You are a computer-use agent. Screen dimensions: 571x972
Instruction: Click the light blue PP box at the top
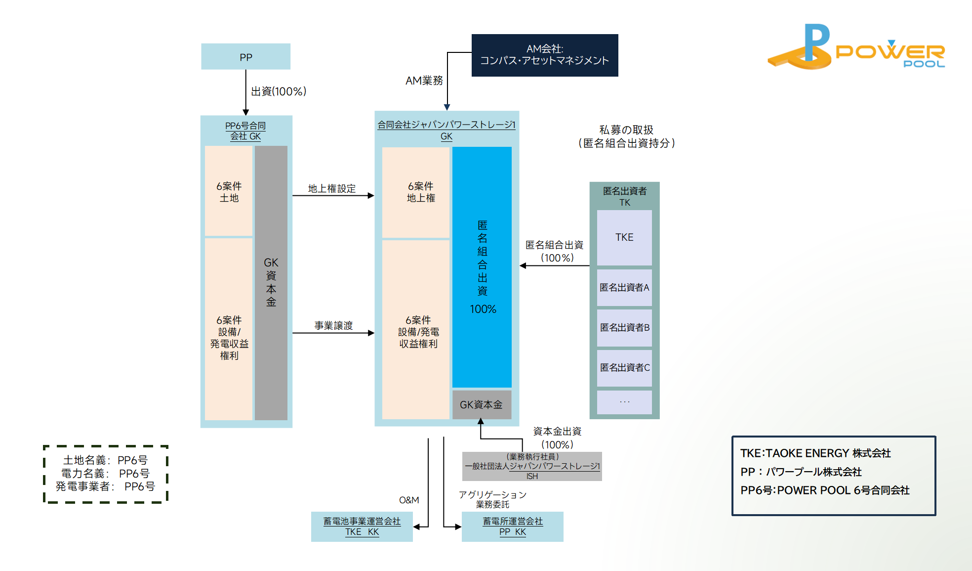[x=245, y=57]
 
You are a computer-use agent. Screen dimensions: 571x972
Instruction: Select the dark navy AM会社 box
[x=544, y=55]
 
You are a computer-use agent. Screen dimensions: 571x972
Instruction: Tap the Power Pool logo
[x=856, y=48]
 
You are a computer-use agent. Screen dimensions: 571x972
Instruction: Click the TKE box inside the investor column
[x=624, y=237]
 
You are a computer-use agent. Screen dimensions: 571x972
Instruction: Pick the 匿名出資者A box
[x=624, y=287]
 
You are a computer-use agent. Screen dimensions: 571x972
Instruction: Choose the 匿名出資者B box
[x=624, y=327]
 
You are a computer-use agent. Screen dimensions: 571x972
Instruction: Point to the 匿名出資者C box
[x=624, y=367]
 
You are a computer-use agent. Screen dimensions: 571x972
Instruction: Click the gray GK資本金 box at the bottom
[x=482, y=405]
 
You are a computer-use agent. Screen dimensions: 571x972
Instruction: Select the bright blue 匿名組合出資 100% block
[x=482, y=267]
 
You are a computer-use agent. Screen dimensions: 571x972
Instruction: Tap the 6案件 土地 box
[x=229, y=191]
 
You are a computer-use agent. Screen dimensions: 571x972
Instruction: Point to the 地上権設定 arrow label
[x=332, y=188]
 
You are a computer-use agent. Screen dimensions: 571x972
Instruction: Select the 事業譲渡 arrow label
[x=333, y=325]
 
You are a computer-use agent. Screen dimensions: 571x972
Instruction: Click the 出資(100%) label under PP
[x=279, y=91]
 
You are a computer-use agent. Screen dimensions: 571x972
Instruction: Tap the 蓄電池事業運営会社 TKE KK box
[x=362, y=527]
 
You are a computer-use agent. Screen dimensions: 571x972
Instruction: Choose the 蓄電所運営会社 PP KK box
[x=512, y=527]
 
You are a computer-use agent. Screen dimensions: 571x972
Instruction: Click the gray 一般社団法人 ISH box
[x=532, y=466]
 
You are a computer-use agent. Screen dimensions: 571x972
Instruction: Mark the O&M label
[x=409, y=500]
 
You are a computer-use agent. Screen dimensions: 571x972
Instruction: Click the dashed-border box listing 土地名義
[x=106, y=474]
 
